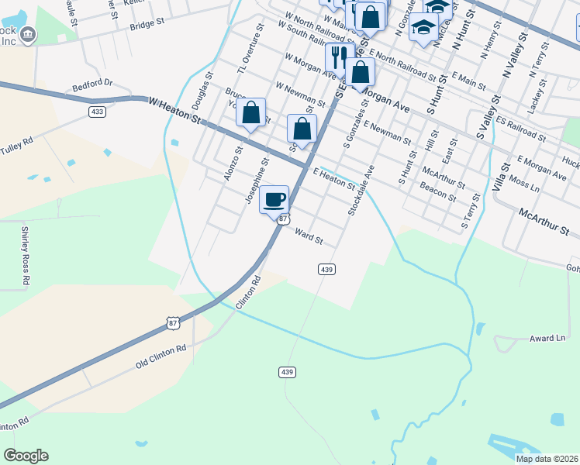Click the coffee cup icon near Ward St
coord(274,199)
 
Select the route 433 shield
coord(97,112)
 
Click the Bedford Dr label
coord(92,82)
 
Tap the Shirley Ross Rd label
coord(26,251)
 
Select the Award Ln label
coord(549,339)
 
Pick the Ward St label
coord(309,236)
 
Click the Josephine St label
coord(256,184)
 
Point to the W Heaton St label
coord(174,112)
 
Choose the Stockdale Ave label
coord(362,189)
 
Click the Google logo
coord(26,456)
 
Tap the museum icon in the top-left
coord(28,34)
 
